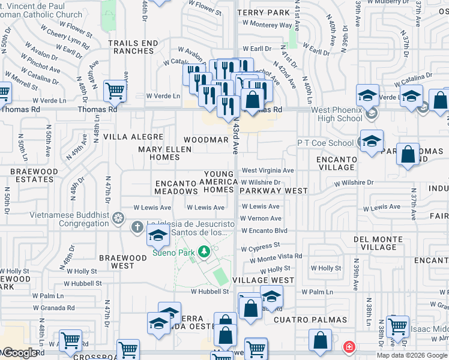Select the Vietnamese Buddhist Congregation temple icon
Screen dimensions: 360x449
coord(119,216)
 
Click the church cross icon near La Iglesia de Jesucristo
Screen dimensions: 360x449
coord(137,226)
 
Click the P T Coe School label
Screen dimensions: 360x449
coord(326,143)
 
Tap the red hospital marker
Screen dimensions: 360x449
coord(349,347)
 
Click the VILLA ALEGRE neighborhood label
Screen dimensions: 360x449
coord(133,137)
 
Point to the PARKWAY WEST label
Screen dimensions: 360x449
coord(273,191)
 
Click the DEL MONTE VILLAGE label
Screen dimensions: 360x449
coord(384,243)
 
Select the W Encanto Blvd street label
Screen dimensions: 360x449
coord(265,230)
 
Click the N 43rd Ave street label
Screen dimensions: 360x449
coord(236,142)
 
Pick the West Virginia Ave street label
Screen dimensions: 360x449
coord(268,170)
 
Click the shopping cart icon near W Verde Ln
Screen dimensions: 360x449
coord(114,91)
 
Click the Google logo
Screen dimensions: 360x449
coord(20,353)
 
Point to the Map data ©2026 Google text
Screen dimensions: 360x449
coord(412,355)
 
